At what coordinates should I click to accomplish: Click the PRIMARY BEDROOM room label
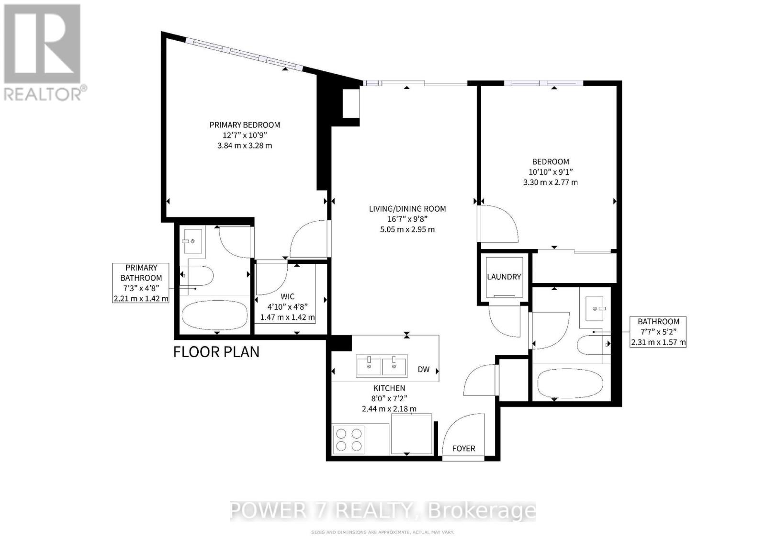(245, 125)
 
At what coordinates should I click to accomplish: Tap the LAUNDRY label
(504, 277)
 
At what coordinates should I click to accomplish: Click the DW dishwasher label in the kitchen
(423, 370)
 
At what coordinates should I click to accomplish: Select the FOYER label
(463, 449)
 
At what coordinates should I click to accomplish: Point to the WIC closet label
(287, 297)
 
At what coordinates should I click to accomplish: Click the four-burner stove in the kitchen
(349, 440)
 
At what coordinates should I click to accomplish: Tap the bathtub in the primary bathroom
(214, 315)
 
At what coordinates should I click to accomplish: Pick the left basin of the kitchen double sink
(369, 366)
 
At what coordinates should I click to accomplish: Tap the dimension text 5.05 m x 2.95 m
(407, 229)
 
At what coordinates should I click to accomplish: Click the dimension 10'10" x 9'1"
(551, 172)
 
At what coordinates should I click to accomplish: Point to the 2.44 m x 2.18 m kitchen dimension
(389, 409)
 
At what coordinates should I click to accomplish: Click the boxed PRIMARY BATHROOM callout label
(141, 283)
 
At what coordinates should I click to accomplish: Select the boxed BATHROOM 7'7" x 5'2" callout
(658, 332)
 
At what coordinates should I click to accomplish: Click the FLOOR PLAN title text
(216, 352)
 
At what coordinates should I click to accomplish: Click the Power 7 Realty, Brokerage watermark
(383, 511)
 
